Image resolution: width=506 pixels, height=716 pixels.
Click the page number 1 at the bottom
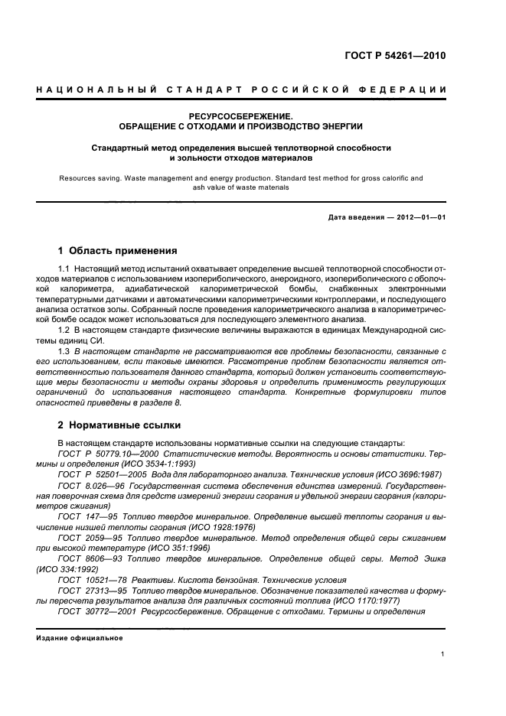pos(443,654)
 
